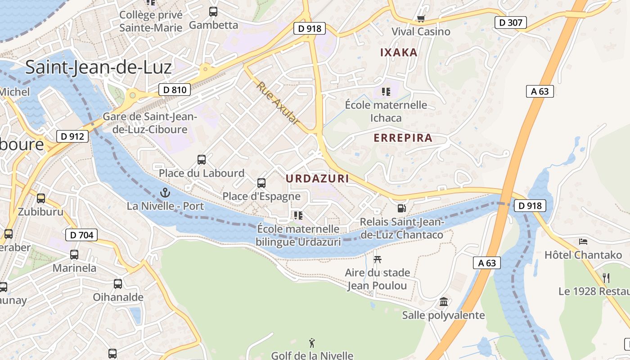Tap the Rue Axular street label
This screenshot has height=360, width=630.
coord(278,103)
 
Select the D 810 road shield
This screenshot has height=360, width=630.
coord(175,90)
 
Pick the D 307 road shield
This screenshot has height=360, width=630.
coord(511,22)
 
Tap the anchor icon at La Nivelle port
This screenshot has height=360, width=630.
coord(165,193)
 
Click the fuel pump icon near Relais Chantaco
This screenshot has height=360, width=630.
coord(401,208)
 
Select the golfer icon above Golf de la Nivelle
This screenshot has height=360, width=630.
coord(312,343)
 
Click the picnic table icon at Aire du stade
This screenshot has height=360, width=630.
coord(378,259)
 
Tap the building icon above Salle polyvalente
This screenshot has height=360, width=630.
coord(444,301)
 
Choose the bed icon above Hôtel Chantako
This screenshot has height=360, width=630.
coord(583,242)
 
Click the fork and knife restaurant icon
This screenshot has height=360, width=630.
coord(606,278)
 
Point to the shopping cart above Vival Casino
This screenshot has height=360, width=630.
coord(421,18)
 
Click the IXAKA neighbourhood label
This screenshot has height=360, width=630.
coord(399,52)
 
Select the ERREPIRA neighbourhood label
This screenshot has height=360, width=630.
coord(403,138)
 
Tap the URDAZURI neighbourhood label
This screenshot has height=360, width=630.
coord(317,179)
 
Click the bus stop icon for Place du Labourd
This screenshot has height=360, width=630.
coord(202,159)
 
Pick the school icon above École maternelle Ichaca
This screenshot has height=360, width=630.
coord(386,92)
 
